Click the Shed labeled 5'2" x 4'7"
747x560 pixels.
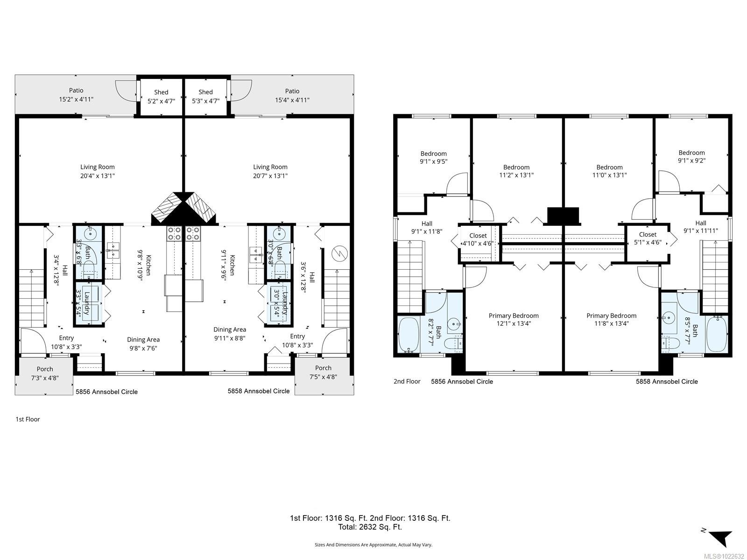[161, 96]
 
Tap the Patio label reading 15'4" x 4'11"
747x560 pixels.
[292, 96]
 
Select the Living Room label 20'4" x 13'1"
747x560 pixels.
[97, 171]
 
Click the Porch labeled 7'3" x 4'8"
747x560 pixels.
[45, 373]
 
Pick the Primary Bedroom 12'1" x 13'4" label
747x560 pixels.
[514, 320]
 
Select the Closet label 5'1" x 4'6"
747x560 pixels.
[648, 238]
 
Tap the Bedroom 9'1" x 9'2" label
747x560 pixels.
[691, 156]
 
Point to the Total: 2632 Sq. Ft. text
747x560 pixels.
[370, 527]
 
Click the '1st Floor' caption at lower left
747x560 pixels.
[28, 419]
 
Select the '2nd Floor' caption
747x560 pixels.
[407, 381]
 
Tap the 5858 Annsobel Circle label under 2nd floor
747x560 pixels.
[667, 381]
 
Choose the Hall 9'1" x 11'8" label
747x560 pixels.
[426, 227]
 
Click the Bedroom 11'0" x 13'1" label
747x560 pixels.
[609, 171]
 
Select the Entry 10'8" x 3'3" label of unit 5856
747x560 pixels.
[66, 342]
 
